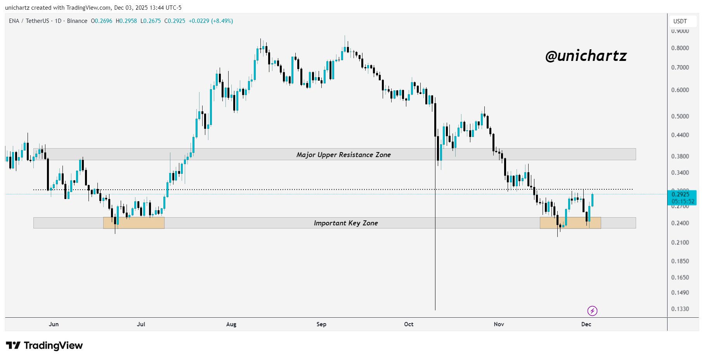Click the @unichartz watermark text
coord(586,56)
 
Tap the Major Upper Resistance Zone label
coord(343,155)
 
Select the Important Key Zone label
coord(346,223)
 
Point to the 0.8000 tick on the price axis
coord(680,48)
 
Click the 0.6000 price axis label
coord(680,90)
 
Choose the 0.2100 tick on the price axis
coord(680,242)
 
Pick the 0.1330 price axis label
coord(680,309)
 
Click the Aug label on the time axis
coord(231,324)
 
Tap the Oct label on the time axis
coord(409,324)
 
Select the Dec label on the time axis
coord(586,324)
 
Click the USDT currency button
coord(680,21)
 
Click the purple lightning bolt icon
coord(592,311)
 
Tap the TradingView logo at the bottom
coord(44,345)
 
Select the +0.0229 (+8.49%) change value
coord(211,21)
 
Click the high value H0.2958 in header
coord(127,21)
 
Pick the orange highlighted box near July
coord(134,223)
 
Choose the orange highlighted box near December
coord(570,223)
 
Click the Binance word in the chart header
coord(77,21)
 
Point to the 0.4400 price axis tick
coord(680,135)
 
